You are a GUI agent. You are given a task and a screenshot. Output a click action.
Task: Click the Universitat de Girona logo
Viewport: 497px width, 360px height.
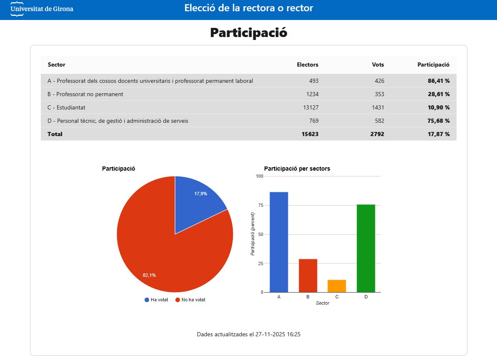pyautogui.click(x=42, y=9)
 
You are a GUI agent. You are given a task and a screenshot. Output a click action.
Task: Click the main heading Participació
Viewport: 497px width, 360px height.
pyautogui.click(x=248, y=32)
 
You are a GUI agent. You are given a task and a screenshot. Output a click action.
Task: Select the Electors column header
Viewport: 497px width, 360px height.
pyautogui.click(x=307, y=65)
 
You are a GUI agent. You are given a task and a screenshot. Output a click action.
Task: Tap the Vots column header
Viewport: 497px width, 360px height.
pyautogui.click(x=378, y=65)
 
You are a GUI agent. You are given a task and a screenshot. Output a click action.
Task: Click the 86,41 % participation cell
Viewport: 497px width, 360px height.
pyautogui.click(x=438, y=81)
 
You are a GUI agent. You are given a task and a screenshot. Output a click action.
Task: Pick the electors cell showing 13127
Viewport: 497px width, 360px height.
pyautogui.click(x=311, y=107)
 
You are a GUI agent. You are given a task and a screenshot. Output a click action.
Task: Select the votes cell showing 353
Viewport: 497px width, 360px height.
pyautogui.click(x=378, y=94)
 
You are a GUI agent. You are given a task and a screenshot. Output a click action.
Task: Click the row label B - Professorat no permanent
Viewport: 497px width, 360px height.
pyautogui.click(x=85, y=94)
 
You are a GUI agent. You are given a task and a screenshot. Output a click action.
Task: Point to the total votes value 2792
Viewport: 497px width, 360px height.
pyautogui.click(x=377, y=134)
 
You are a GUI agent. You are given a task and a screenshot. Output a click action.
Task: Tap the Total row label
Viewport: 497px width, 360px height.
pyautogui.click(x=55, y=134)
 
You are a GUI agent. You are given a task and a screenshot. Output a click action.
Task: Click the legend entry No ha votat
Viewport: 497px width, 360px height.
pyautogui.click(x=193, y=300)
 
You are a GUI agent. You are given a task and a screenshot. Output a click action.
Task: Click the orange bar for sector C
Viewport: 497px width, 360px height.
pyautogui.click(x=337, y=286)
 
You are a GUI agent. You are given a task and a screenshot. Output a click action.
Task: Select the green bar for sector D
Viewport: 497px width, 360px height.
pyautogui.click(x=366, y=248)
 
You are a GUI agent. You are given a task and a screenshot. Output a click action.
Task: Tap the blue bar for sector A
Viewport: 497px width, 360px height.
pyautogui.click(x=279, y=242)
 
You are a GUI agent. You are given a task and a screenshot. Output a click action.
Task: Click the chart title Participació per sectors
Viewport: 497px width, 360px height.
pyautogui.click(x=297, y=169)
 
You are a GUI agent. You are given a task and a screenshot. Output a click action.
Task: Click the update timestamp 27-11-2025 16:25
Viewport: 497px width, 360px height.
pyautogui.click(x=277, y=334)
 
